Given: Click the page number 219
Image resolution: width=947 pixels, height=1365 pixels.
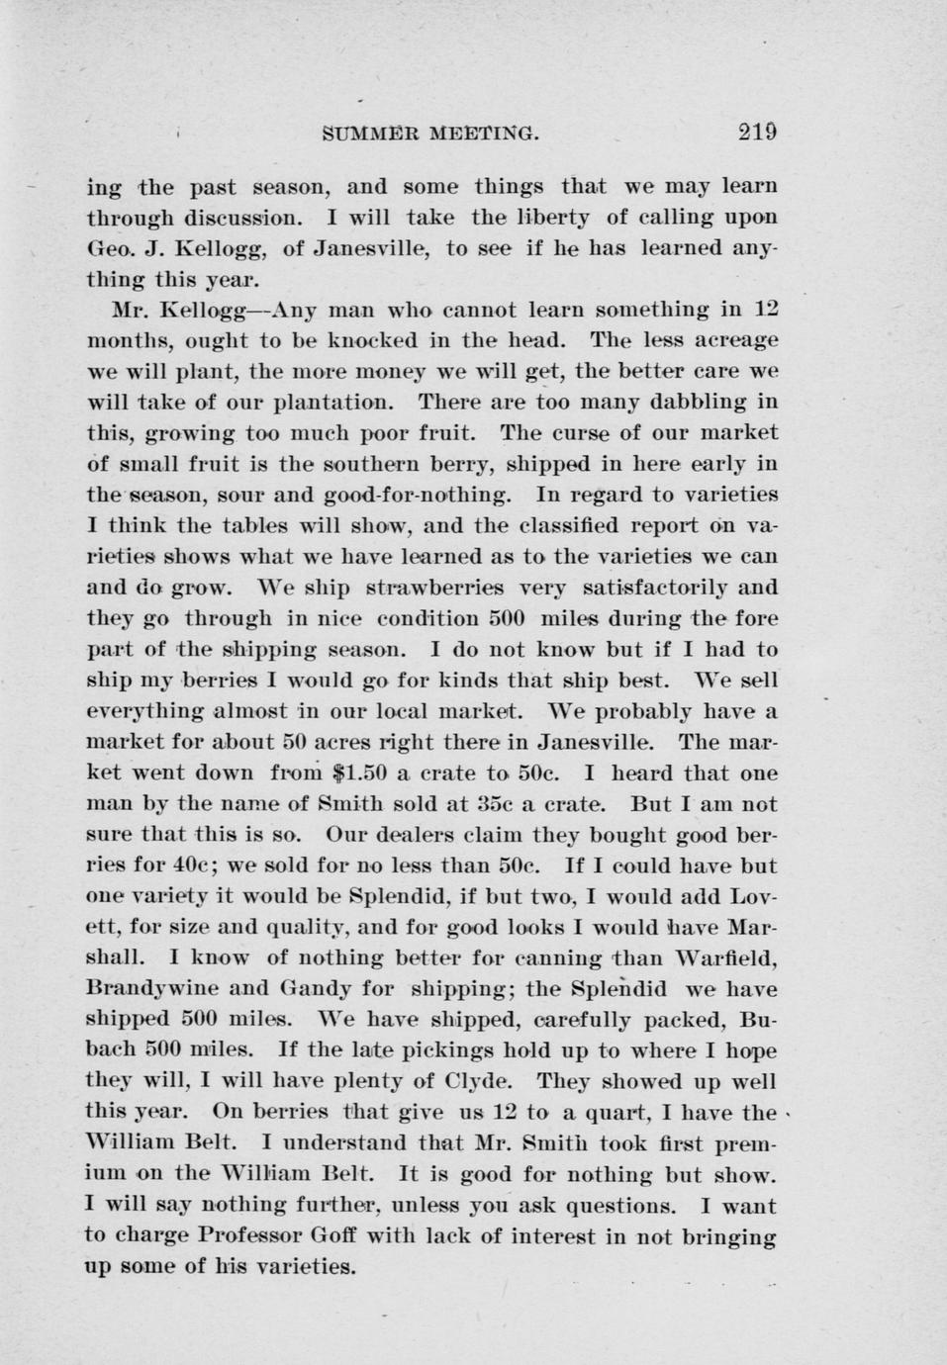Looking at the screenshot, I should pyautogui.click(x=757, y=132).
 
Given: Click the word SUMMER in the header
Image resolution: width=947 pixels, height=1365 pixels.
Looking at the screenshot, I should pyautogui.click(x=373, y=133).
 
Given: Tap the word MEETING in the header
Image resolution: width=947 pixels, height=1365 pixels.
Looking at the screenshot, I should pyautogui.click(x=484, y=133).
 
